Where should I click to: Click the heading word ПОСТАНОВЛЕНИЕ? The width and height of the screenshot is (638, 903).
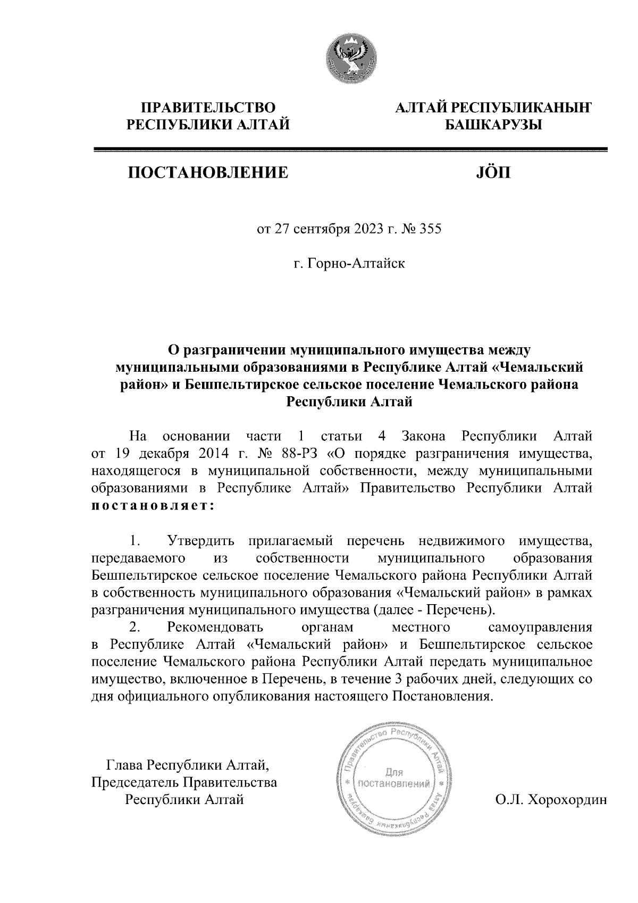tap(207, 172)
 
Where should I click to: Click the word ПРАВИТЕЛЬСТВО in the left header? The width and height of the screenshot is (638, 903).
tap(208, 108)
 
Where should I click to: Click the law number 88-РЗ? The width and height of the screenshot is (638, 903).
tap(303, 455)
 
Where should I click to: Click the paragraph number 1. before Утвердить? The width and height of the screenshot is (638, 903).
tap(135, 542)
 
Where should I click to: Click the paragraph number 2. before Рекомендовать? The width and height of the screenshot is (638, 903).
tap(135, 628)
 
